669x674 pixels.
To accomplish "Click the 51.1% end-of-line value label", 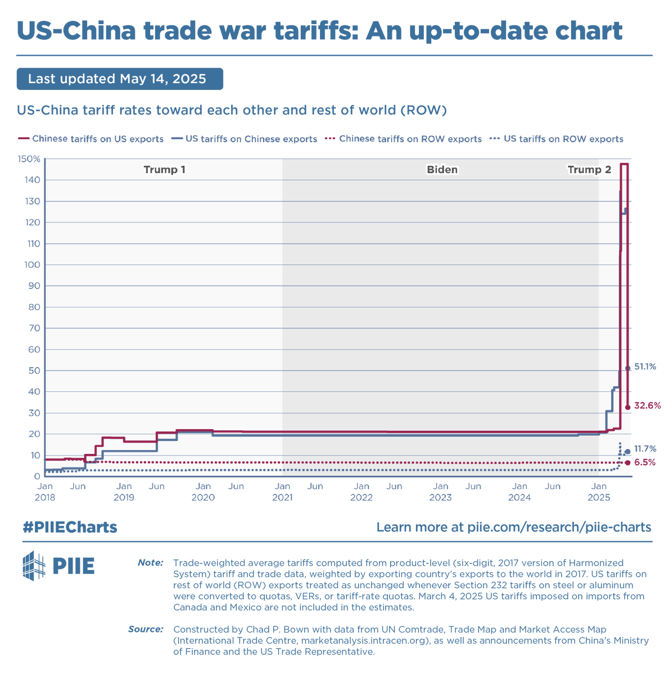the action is [x=645, y=367].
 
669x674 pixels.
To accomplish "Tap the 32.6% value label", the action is [x=647, y=406].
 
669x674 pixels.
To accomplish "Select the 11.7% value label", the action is [x=645, y=448].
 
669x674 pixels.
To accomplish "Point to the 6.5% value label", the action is [x=644, y=462].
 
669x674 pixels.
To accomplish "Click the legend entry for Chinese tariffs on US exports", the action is [x=91, y=139].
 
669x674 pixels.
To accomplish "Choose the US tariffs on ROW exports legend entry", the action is [x=556, y=139].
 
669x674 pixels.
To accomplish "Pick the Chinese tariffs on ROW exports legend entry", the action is [x=403, y=139].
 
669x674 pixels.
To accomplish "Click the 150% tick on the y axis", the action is [x=29, y=159].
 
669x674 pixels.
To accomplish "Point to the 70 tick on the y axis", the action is [x=34, y=328].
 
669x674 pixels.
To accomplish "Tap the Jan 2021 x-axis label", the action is [x=282, y=492].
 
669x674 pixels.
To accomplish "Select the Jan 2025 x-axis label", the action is [x=599, y=492].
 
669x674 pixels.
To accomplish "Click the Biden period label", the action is [x=442, y=170].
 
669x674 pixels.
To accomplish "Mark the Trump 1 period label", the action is [x=164, y=170].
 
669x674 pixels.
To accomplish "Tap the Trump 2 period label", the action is [x=589, y=170].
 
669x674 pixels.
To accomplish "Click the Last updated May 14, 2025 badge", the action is [x=120, y=79].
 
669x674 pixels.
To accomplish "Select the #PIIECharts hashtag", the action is [x=70, y=527].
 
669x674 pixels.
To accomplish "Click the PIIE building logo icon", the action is [x=34, y=566].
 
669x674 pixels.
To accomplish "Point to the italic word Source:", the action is [x=146, y=629].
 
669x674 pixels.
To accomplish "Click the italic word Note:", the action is [x=150, y=562].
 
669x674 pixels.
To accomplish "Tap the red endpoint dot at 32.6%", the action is [x=627, y=407].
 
